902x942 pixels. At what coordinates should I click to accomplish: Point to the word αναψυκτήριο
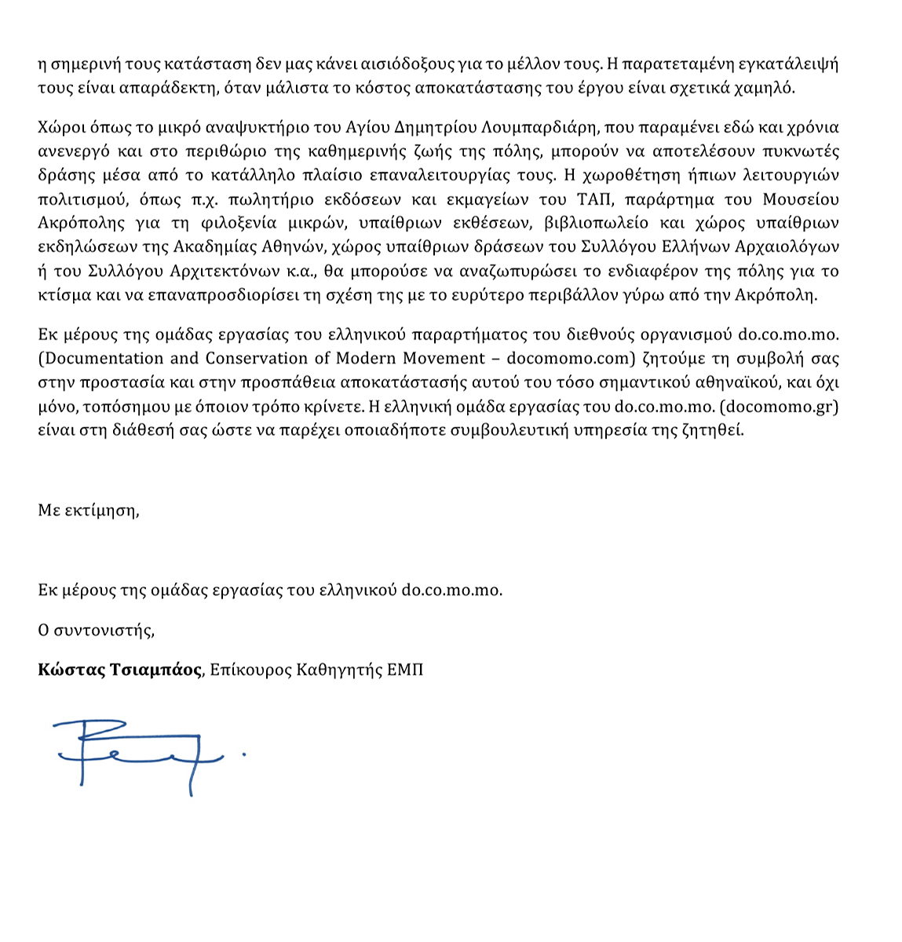click(205, 126)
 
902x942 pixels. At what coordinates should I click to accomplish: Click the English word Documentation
click(101, 359)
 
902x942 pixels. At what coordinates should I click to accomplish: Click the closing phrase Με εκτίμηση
click(88, 511)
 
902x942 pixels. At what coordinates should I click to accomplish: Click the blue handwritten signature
click(141, 752)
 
